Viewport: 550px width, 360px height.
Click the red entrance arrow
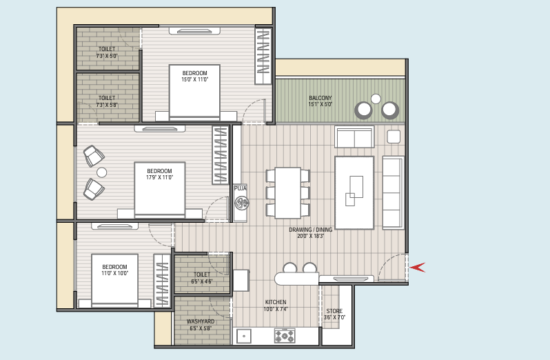tap(418, 268)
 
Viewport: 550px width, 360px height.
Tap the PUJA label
tap(241, 188)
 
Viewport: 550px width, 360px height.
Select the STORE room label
tap(334, 311)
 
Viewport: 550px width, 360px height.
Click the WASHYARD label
tap(201, 321)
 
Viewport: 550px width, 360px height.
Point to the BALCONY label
tap(320, 98)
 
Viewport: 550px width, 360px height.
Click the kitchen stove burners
tap(285, 336)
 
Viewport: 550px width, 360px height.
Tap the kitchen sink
tap(244, 336)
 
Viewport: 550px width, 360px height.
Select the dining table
tap(287, 192)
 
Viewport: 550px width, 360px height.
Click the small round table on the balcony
tap(376, 99)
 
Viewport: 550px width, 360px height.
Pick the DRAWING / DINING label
tap(310, 230)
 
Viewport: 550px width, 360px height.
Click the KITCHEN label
tap(276, 302)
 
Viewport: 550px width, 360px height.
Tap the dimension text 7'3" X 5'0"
tap(107, 56)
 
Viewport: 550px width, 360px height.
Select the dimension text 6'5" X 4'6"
tap(202, 281)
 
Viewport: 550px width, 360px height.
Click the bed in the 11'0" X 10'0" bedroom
tap(114, 280)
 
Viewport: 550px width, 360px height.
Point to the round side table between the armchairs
tap(102, 172)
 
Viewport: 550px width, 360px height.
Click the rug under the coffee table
tap(354, 193)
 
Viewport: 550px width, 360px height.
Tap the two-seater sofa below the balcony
tap(354, 137)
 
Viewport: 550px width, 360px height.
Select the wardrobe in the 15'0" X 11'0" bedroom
tap(264, 56)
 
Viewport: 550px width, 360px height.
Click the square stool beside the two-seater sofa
tap(394, 137)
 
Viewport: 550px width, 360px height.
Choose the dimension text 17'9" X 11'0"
tap(160, 177)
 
